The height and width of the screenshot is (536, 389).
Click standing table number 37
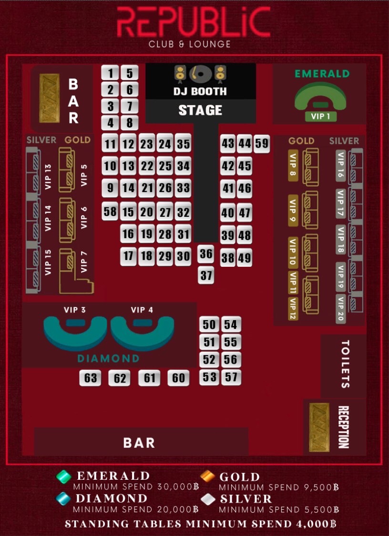pos(206,275)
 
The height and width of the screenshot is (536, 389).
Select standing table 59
pos(262,143)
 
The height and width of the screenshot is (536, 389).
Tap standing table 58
pos(110,211)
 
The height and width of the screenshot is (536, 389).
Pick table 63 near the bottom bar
pos(90,378)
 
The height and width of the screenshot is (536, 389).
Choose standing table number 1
pos(111,73)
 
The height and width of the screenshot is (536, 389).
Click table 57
pos(231,377)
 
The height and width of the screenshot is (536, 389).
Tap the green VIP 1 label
pos(320,116)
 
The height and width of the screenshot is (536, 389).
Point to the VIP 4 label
pos(142,310)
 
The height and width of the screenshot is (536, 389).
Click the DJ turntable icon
pos(200,73)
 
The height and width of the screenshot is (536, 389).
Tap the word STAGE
pos(200,111)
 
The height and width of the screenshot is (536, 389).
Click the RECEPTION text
pos(343,427)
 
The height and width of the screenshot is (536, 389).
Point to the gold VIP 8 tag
pos(293,166)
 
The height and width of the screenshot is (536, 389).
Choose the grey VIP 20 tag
pos(340,309)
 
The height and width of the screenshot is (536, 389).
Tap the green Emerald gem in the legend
pos(63,476)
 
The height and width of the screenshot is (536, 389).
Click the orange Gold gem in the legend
pos(207,476)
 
